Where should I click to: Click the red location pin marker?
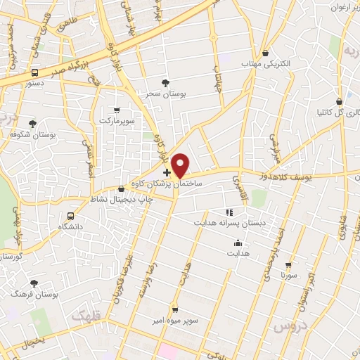point(181,165)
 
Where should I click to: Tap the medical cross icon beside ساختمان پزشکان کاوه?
point(167,172)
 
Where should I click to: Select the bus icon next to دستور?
point(35,72)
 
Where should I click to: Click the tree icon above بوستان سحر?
point(165,82)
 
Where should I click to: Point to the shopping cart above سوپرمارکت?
point(117,110)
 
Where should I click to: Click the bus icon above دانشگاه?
point(70,217)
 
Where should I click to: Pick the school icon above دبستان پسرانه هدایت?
point(229,212)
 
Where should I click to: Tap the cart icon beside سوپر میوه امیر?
point(175,310)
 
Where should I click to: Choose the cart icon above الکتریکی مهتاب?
point(265,53)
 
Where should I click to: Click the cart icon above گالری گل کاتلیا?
point(340,101)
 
